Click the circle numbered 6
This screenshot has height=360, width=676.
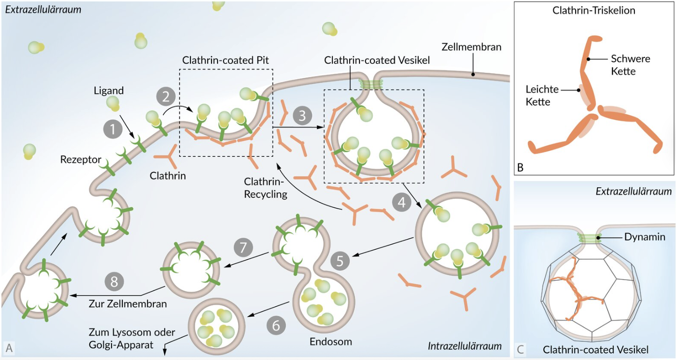click(x=276, y=325)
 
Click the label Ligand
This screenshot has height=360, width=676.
click(x=108, y=91)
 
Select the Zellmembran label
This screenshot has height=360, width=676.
click(x=472, y=47)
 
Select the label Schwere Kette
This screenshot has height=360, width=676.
click(x=630, y=65)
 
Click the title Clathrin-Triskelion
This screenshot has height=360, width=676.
click(x=594, y=10)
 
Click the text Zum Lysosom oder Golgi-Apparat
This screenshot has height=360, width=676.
click(x=132, y=339)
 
